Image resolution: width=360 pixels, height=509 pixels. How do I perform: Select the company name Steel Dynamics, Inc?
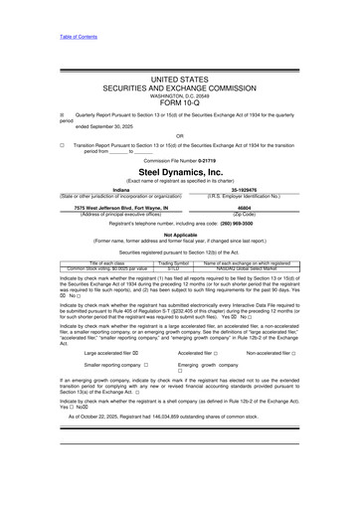pyautogui.click(x=180, y=172)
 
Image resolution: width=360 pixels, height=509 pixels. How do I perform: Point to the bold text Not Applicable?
pyautogui.click(x=180, y=235)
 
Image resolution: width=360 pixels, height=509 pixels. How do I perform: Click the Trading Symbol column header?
pyautogui.click(x=174, y=262)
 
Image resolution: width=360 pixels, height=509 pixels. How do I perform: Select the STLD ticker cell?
pyautogui.click(x=174, y=268)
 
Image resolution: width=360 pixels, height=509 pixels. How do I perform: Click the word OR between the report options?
pyautogui.click(x=180, y=135)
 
